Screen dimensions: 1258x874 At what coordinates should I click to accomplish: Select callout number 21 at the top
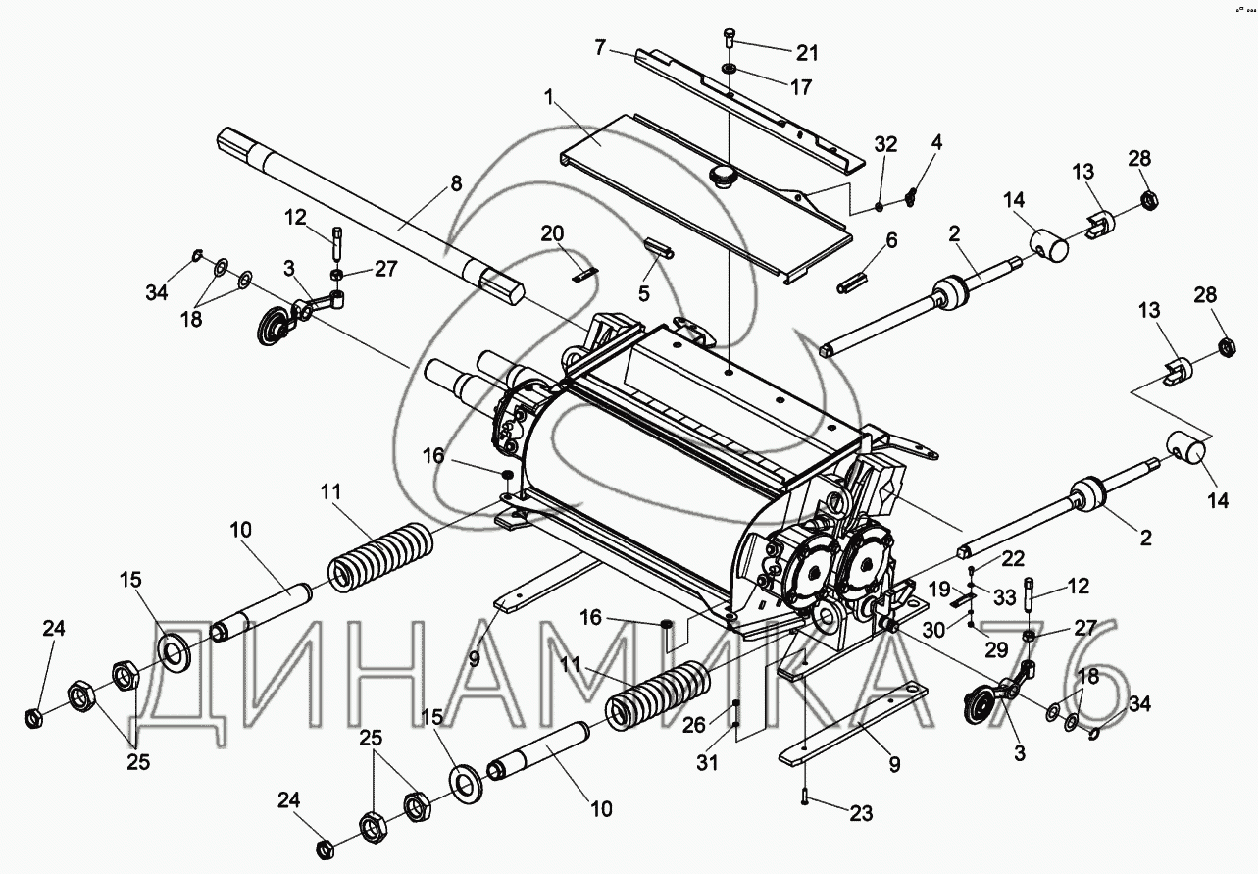coord(807,52)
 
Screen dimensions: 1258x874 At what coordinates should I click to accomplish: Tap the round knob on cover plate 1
coord(724,178)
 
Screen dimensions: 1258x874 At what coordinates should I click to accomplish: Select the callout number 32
coord(885,144)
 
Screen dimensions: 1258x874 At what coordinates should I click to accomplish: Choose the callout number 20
coord(553,232)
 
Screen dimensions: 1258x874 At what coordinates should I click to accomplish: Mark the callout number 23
coord(859,812)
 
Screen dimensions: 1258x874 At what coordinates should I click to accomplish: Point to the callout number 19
coord(939,590)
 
